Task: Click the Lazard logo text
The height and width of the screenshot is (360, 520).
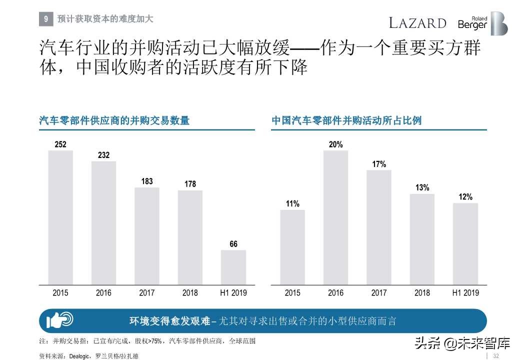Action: pos(417,23)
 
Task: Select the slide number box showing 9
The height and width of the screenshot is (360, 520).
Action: pos(45,19)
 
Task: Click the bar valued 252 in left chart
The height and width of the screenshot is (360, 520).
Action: pos(60,217)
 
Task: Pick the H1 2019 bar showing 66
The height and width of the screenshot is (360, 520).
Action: pos(233,267)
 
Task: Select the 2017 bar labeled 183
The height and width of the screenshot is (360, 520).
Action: pos(147,235)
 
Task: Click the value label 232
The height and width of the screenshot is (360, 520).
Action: pos(103,155)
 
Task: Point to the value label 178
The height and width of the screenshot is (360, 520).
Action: pos(190,184)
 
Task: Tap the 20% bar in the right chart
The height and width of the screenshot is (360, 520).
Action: pos(336,217)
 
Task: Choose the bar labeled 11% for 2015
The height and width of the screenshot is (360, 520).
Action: pos(292,247)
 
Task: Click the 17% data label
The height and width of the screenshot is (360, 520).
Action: pos(379,164)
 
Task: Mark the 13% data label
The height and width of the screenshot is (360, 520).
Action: pos(422,187)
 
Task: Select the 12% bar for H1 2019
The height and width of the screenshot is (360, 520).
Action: pos(465,243)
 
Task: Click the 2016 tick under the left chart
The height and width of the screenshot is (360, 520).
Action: pos(103,293)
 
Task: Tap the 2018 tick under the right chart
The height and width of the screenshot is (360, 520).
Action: pos(422,293)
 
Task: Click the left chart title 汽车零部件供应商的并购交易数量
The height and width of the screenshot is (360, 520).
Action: pos(114,120)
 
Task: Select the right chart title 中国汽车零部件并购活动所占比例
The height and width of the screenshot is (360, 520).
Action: pos(346,120)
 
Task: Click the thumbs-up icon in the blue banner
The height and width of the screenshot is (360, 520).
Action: pos(59,320)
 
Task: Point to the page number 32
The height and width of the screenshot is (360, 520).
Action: pos(496,355)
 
